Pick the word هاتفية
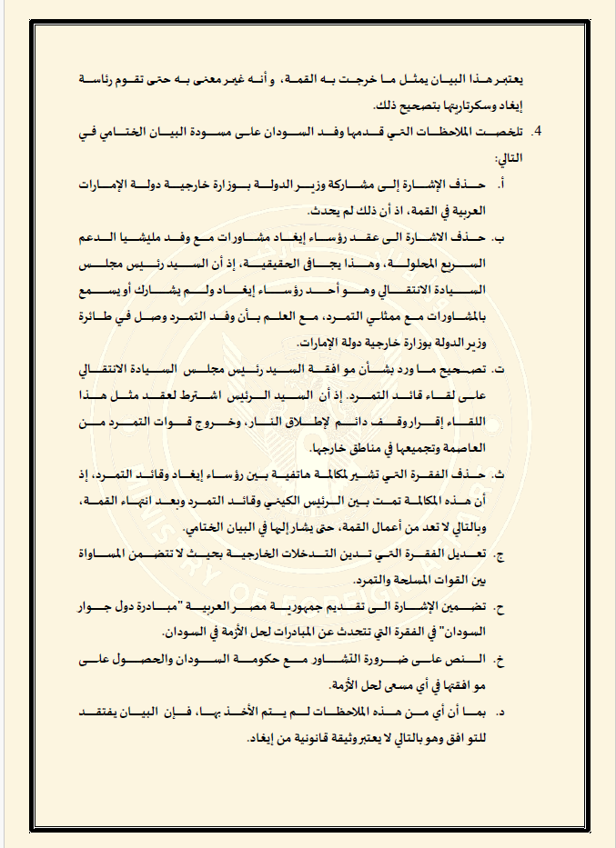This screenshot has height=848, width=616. point(282,474)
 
